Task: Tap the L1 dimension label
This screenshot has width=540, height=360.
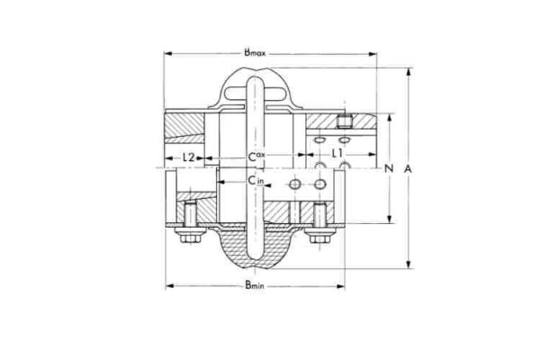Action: pyautogui.click(x=337, y=156)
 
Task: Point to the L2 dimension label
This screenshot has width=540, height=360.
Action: pyautogui.click(x=189, y=157)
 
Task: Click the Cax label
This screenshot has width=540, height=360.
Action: pyautogui.click(x=256, y=157)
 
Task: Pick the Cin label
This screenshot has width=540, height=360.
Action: pyautogui.click(x=256, y=183)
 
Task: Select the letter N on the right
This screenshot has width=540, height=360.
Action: pyautogui.click(x=389, y=169)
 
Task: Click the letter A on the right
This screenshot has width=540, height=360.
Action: pyautogui.click(x=408, y=169)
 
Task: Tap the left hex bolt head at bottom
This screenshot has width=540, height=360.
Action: pyautogui.click(x=188, y=238)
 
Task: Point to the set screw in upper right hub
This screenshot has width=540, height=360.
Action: pyautogui.click(x=343, y=121)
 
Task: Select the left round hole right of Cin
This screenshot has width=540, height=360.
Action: pyautogui.click(x=293, y=184)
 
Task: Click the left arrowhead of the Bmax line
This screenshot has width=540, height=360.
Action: pyautogui.click(x=167, y=53)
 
